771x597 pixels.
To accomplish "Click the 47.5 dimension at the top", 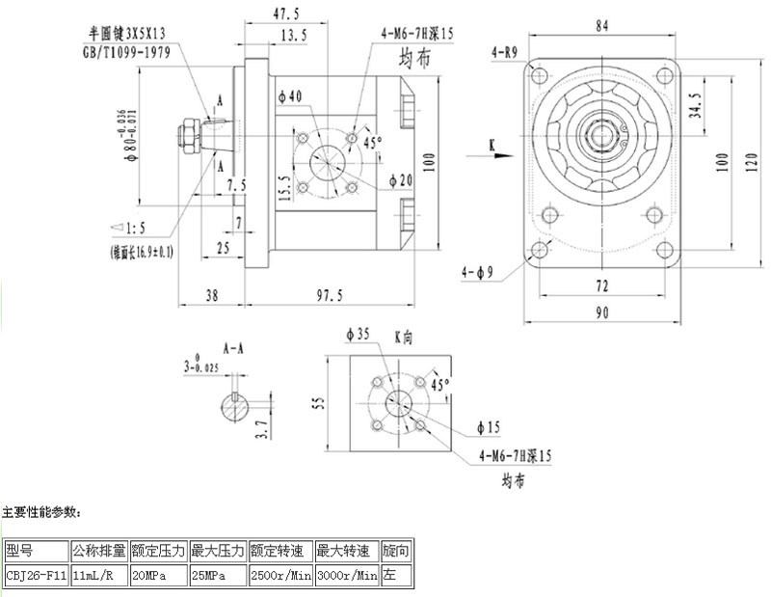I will pyautogui.click(x=283, y=14).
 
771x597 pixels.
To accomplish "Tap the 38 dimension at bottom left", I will pyautogui.click(x=210, y=295).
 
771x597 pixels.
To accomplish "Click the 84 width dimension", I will pyautogui.click(x=601, y=27).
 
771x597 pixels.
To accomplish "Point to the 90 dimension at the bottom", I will pyautogui.click(x=601, y=312).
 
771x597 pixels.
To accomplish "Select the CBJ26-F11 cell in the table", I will pyautogui.click(x=37, y=576).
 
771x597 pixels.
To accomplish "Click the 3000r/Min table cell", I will pyautogui.click(x=347, y=576).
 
